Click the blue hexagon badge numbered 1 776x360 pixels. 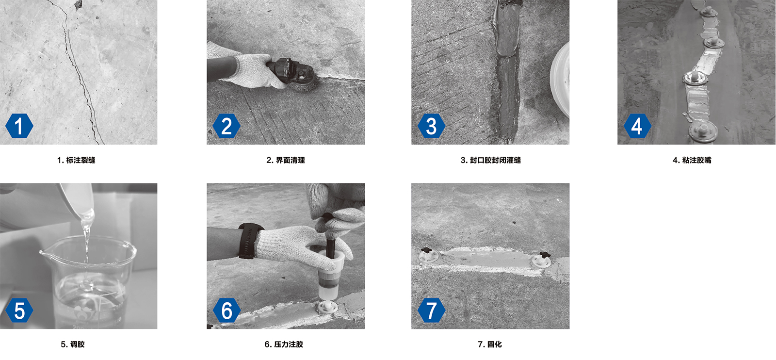coord(19,126)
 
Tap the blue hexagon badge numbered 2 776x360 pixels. coord(226,126)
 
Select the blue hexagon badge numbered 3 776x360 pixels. coord(431,126)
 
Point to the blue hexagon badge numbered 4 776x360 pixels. coord(637,126)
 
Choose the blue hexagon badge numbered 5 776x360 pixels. coord(19,310)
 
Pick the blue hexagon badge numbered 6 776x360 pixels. coord(226,310)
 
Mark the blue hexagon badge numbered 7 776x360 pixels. coord(431,310)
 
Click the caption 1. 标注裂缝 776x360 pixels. coord(76,160)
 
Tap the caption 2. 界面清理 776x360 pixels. coord(286,160)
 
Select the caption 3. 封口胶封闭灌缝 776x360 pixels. coord(490,160)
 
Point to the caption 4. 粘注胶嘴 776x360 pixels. coord(692,160)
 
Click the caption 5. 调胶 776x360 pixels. coord(73,344)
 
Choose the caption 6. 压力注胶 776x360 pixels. coord(284,344)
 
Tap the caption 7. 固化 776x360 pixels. coord(490,344)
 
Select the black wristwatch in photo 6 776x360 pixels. coord(249,241)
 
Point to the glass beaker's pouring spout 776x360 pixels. coord(44,253)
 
